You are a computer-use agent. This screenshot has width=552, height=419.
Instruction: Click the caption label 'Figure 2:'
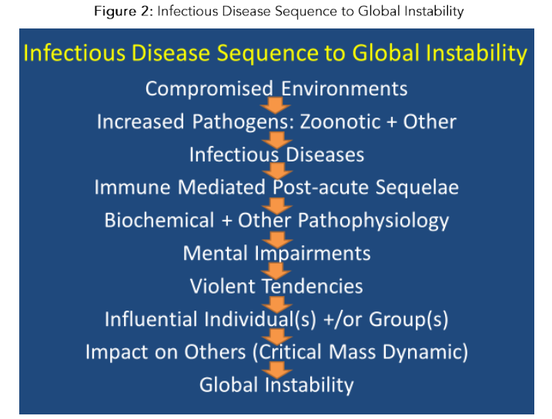pyautogui.click(x=119, y=12)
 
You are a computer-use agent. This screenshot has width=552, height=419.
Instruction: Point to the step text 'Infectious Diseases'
pyautogui.click(x=276, y=155)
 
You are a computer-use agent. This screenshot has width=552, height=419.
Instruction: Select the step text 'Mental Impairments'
pyautogui.click(x=276, y=253)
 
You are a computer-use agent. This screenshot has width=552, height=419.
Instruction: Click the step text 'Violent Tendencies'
pyautogui.click(x=276, y=286)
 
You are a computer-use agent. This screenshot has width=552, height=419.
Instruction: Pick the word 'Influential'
pyautogui.click(x=152, y=319)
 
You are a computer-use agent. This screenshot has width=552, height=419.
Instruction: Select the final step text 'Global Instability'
pyautogui.click(x=276, y=384)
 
